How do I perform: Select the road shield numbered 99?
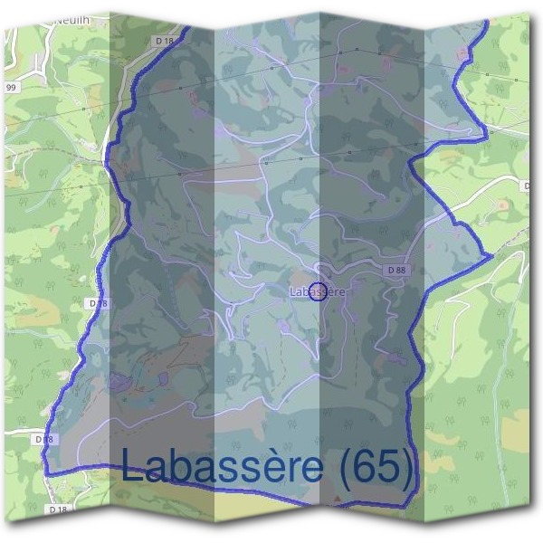[x=11, y=87]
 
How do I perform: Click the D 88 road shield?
[x=395, y=270]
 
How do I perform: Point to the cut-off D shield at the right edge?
[x=528, y=186]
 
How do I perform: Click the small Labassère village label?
[x=318, y=291]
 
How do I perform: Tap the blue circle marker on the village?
[x=318, y=291]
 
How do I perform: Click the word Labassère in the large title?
[x=221, y=466]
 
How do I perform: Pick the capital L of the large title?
[x=131, y=466]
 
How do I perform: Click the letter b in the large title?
[x=180, y=466]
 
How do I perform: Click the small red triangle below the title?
[x=338, y=499]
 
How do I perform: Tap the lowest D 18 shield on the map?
[x=58, y=510]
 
